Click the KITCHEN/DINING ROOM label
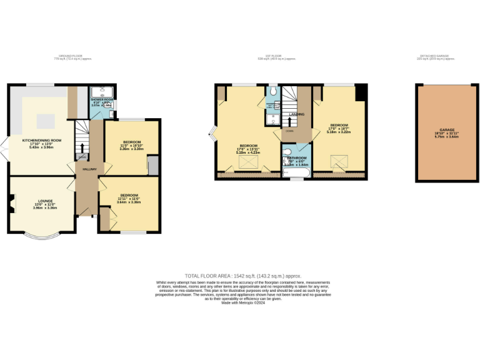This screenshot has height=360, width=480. (42, 141)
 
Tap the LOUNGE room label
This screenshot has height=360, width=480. (44, 201)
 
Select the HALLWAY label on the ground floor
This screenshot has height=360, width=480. (86, 169)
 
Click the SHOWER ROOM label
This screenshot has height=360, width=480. (101, 100)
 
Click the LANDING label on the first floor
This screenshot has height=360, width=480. (296, 114)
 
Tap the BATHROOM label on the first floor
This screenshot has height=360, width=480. (295, 159)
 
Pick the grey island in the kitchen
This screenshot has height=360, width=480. (46, 120)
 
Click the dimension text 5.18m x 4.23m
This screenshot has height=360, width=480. (247, 152)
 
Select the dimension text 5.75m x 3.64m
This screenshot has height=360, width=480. (446, 137)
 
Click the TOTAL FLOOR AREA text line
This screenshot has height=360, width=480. (239, 275)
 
